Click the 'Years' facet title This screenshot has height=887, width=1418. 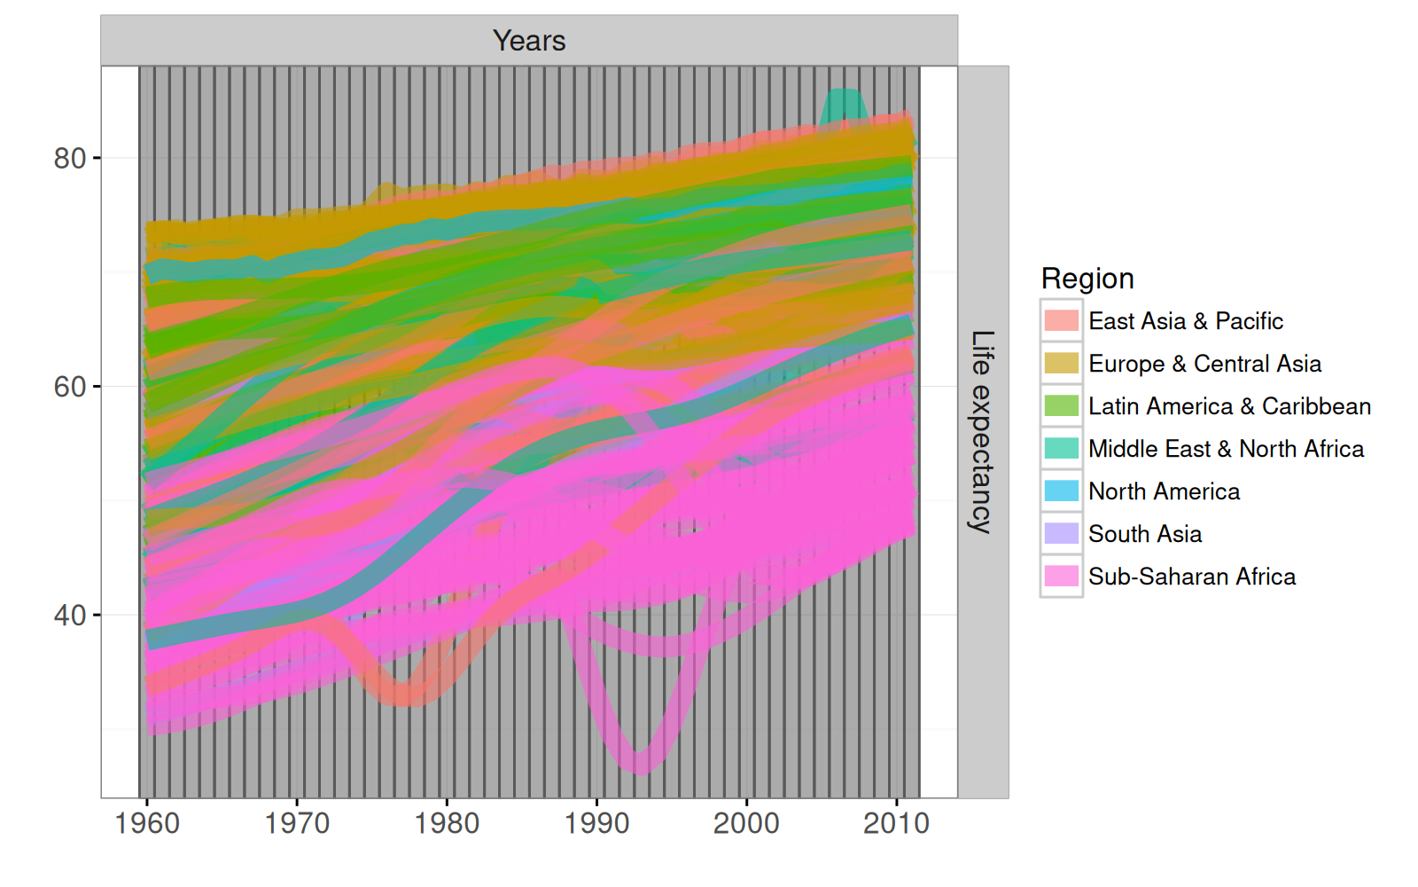point(529,41)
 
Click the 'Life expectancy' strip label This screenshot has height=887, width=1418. point(982,431)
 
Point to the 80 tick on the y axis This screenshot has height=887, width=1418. point(70,159)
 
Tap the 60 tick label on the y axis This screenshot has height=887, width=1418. point(70,387)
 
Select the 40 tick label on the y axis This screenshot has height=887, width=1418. point(70,615)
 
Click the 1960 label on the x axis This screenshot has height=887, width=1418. point(147,823)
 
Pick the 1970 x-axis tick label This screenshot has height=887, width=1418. point(297,823)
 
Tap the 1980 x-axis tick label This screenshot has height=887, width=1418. point(447,823)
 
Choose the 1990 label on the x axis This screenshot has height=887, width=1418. point(596,823)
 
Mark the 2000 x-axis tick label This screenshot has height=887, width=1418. point(746,823)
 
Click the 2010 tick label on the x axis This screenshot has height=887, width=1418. point(896,823)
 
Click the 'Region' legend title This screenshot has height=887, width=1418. point(1087,279)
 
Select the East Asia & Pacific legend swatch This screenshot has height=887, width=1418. point(1061,321)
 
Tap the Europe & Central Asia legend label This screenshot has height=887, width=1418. point(1204,364)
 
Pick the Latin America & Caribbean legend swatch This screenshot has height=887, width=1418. point(1061,406)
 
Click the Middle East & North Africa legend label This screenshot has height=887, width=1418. point(1226,449)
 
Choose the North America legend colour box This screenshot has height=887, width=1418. point(1061,491)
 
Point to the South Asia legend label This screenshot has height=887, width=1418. point(1145,534)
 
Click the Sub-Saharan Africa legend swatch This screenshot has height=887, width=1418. point(1061,577)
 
